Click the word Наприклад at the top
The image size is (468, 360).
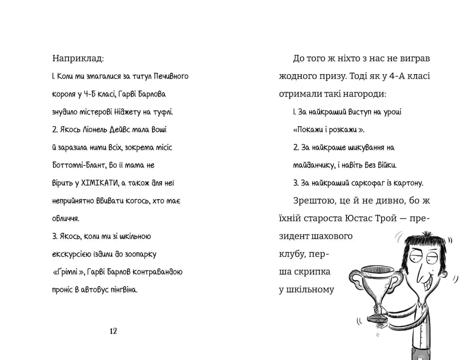(x=77, y=59)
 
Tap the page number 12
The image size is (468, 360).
(x=113, y=331)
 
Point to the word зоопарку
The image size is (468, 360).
(x=140, y=254)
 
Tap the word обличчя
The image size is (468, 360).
(x=66, y=219)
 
